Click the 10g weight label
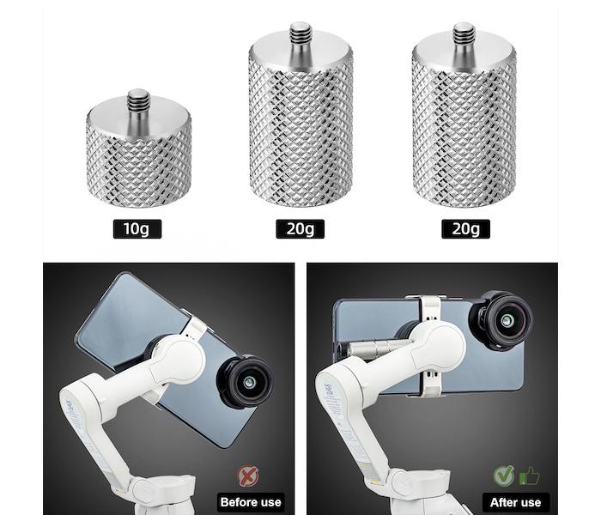tap(137, 229)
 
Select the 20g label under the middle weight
tap(300, 229)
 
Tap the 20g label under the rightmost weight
tap(465, 229)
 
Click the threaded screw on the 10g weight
tap(139, 104)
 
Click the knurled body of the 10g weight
tap(139, 165)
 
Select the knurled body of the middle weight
tap(300, 130)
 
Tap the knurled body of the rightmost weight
tap(464, 130)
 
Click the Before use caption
tap(251, 502)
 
